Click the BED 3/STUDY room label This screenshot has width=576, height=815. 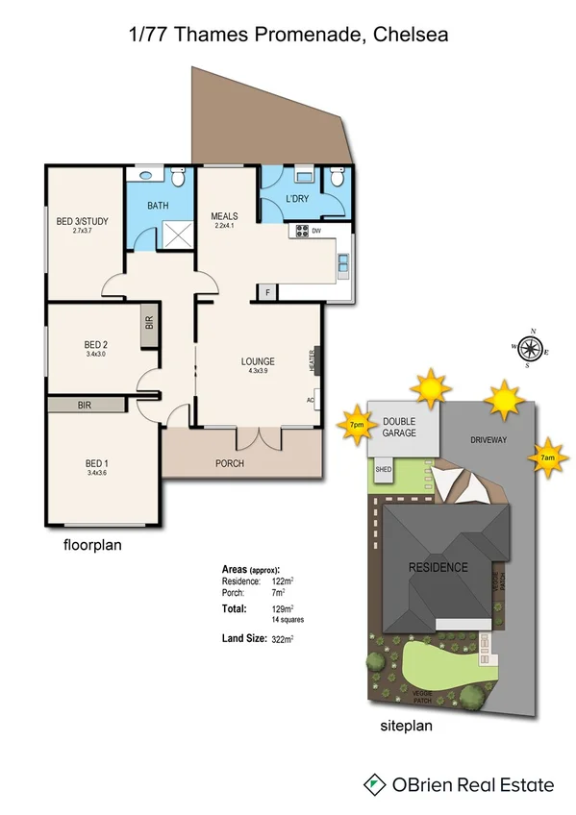(x=83, y=222)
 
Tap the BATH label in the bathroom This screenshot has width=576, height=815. (x=158, y=206)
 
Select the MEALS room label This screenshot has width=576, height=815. (x=224, y=216)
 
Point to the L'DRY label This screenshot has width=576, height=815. (x=302, y=199)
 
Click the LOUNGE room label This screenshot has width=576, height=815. (x=258, y=362)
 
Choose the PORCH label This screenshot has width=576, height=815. (x=230, y=463)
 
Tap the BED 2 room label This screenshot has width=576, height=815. (x=95, y=345)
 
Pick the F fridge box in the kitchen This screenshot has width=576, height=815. (x=267, y=291)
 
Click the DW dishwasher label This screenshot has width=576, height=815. (x=315, y=231)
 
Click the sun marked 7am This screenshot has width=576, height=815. (x=547, y=457)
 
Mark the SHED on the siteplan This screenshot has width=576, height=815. (x=383, y=470)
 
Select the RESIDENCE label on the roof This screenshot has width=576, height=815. (x=438, y=567)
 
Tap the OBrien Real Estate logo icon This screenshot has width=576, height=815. (x=373, y=784)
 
